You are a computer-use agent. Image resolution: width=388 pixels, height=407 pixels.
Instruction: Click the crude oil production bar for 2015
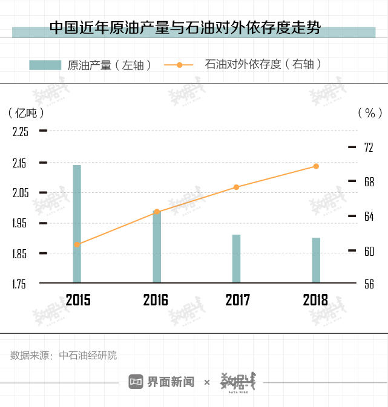(x=77, y=224)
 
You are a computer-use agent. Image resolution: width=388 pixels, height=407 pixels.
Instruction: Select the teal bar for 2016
(x=157, y=247)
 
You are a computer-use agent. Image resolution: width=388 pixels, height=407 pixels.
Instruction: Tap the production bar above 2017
(x=236, y=258)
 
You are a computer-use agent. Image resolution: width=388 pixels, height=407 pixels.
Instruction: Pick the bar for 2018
(x=316, y=260)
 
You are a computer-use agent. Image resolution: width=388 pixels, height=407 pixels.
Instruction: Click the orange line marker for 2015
(x=77, y=244)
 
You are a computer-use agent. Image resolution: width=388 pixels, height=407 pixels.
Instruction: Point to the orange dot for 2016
(x=157, y=212)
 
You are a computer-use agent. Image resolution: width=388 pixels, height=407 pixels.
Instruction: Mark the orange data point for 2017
(x=236, y=187)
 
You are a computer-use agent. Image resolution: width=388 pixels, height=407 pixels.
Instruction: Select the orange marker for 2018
(x=316, y=166)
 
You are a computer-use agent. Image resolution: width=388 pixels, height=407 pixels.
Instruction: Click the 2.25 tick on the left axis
(x=21, y=131)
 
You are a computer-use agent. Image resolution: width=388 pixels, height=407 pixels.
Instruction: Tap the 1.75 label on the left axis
(x=21, y=284)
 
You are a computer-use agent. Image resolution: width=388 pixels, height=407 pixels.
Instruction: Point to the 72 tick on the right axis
(x=368, y=147)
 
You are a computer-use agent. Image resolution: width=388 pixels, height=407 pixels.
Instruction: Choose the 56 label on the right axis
(x=368, y=284)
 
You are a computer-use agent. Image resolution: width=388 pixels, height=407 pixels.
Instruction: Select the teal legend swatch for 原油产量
(x=45, y=65)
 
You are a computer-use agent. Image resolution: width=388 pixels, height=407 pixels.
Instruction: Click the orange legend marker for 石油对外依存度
(x=179, y=65)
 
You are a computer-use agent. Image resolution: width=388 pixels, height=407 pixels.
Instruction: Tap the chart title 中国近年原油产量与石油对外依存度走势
(x=185, y=28)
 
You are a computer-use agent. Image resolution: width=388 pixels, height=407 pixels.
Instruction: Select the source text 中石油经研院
(x=88, y=356)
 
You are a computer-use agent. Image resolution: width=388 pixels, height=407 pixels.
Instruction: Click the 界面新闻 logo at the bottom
(x=162, y=382)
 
